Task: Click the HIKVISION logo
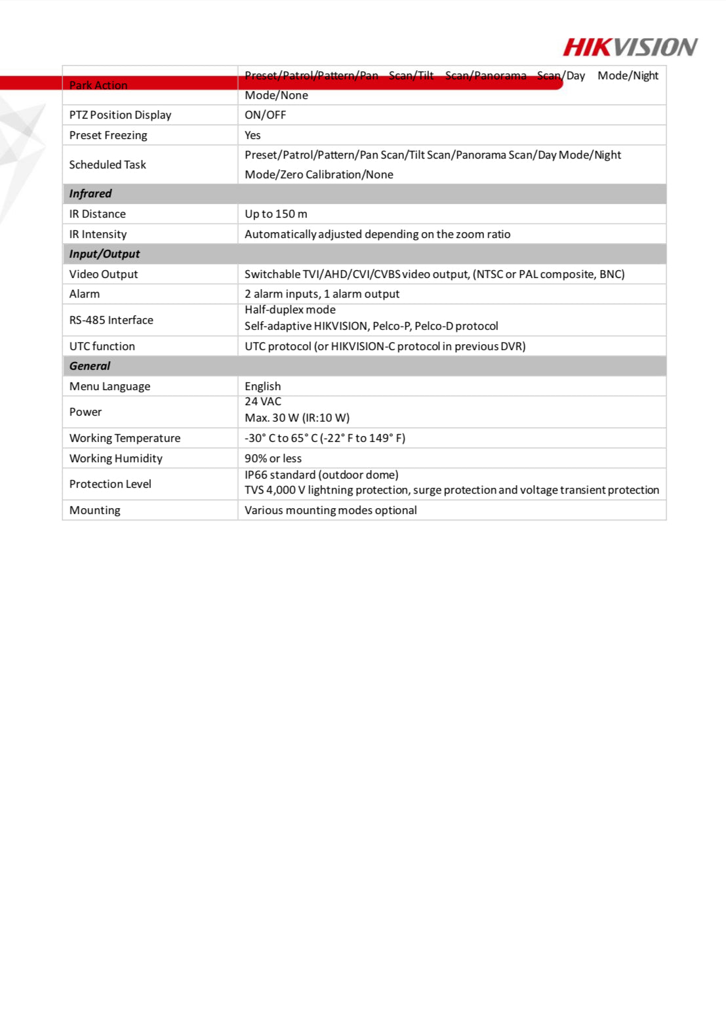(630, 47)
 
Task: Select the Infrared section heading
(91, 193)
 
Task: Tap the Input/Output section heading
(104, 254)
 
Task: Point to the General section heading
(90, 366)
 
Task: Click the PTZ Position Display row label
(120, 115)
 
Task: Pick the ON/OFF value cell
(265, 115)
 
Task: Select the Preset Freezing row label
(108, 135)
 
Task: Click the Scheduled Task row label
(108, 165)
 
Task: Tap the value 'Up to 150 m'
(275, 214)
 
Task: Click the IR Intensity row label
(98, 234)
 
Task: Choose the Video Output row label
(104, 274)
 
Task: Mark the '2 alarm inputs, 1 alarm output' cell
(321, 294)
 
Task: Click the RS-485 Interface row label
(111, 320)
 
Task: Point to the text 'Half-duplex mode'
(290, 309)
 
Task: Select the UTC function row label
(102, 346)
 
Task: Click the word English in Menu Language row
(262, 386)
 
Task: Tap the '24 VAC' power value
(262, 401)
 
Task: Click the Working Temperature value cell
(325, 438)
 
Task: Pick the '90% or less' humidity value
(273, 458)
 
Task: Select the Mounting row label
(94, 510)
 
